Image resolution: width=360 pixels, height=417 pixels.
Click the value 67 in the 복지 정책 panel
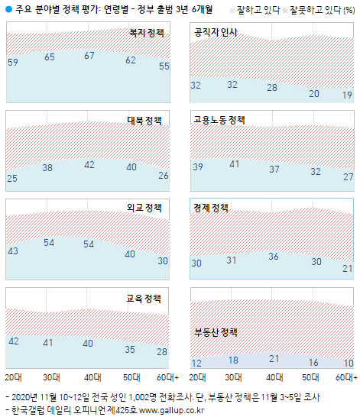89,56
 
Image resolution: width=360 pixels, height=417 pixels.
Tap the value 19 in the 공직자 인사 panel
348,95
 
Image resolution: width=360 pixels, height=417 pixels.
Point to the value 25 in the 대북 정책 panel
12,178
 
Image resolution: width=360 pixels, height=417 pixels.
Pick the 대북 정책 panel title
144,121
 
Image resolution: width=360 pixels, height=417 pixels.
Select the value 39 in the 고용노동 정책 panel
197,167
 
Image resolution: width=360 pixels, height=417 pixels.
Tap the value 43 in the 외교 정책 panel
12,251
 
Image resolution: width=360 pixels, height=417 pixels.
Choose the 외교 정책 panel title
144,208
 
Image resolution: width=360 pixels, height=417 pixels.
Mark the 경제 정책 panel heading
211,208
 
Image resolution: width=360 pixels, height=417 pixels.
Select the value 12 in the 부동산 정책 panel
197,363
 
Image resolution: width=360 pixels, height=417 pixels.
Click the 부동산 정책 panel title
216,332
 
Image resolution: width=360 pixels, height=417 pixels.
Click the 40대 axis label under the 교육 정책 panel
89,377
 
